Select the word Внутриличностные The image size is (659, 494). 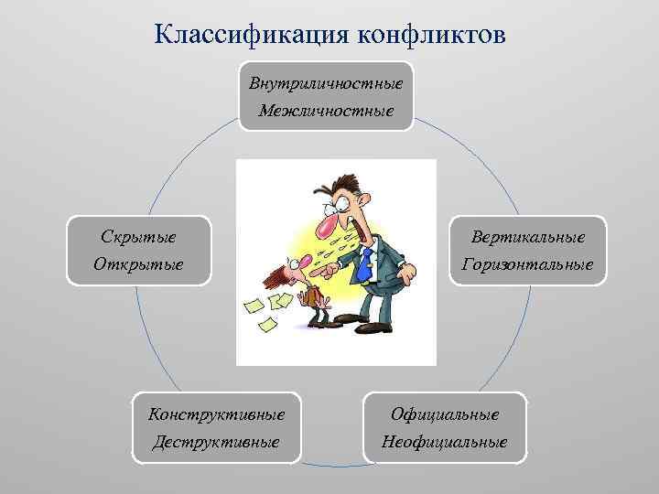[x=326, y=83]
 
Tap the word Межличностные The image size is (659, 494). [x=326, y=112]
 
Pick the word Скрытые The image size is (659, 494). [x=138, y=236]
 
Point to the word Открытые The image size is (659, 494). [x=138, y=264]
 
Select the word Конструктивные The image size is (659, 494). [x=217, y=413]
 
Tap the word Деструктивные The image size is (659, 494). [x=217, y=442]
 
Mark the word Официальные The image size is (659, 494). [x=445, y=413]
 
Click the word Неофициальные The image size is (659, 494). [x=445, y=442]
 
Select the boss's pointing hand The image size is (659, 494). [x=316, y=272]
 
